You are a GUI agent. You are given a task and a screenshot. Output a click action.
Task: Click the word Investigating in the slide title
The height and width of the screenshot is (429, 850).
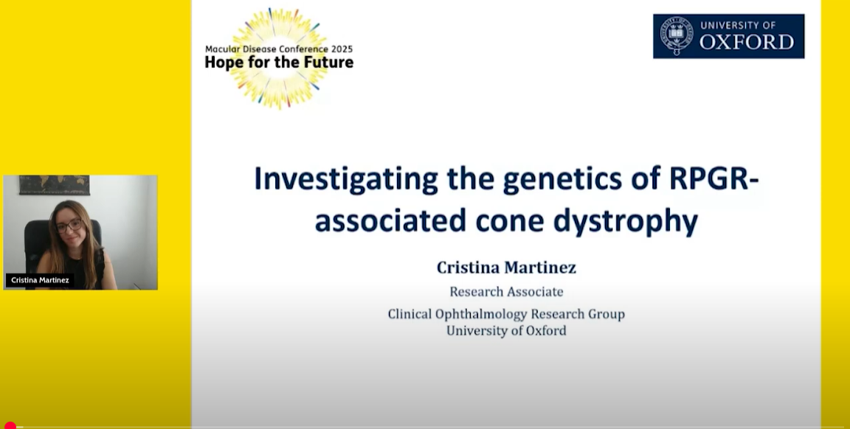(x=346, y=179)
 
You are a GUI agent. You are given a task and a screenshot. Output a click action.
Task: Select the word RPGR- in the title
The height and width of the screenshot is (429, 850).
(x=714, y=178)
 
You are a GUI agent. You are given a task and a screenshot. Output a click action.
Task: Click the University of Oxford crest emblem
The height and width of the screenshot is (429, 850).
(x=676, y=35)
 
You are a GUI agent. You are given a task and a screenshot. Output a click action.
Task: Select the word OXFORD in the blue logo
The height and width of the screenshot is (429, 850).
(x=747, y=42)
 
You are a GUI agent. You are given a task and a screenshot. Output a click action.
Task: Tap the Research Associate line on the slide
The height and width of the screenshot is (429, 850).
(x=506, y=291)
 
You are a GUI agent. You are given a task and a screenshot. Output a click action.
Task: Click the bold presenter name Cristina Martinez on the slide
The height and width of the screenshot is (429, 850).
(x=506, y=267)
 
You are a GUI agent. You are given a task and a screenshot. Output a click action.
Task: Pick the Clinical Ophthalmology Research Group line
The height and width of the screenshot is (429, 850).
(x=506, y=314)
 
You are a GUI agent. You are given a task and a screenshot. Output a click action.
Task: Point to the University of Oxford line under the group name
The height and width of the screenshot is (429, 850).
(x=506, y=330)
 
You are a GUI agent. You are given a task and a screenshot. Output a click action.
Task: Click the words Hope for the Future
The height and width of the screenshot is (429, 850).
(x=279, y=63)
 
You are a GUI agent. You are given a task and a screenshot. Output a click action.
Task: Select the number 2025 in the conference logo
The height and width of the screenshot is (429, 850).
(x=342, y=49)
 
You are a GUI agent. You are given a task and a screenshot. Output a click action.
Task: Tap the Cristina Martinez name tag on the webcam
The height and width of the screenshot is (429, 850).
(x=40, y=280)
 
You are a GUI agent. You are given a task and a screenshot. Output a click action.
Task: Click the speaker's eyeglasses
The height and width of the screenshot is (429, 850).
(x=69, y=225)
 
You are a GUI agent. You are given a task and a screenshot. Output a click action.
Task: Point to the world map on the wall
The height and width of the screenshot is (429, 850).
(x=54, y=185)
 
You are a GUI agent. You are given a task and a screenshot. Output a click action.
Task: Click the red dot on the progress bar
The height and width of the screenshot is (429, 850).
(x=10, y=425)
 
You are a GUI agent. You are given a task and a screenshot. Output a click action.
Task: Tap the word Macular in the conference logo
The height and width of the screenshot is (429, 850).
(x=221, y=49)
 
